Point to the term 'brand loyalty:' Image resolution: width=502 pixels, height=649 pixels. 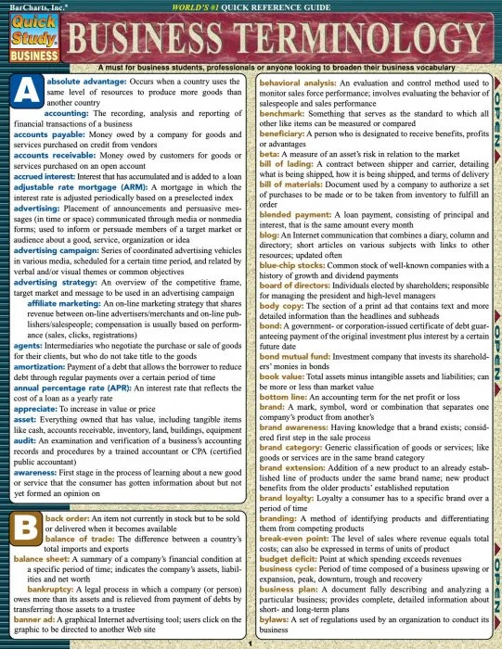click(x=281, y=495)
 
